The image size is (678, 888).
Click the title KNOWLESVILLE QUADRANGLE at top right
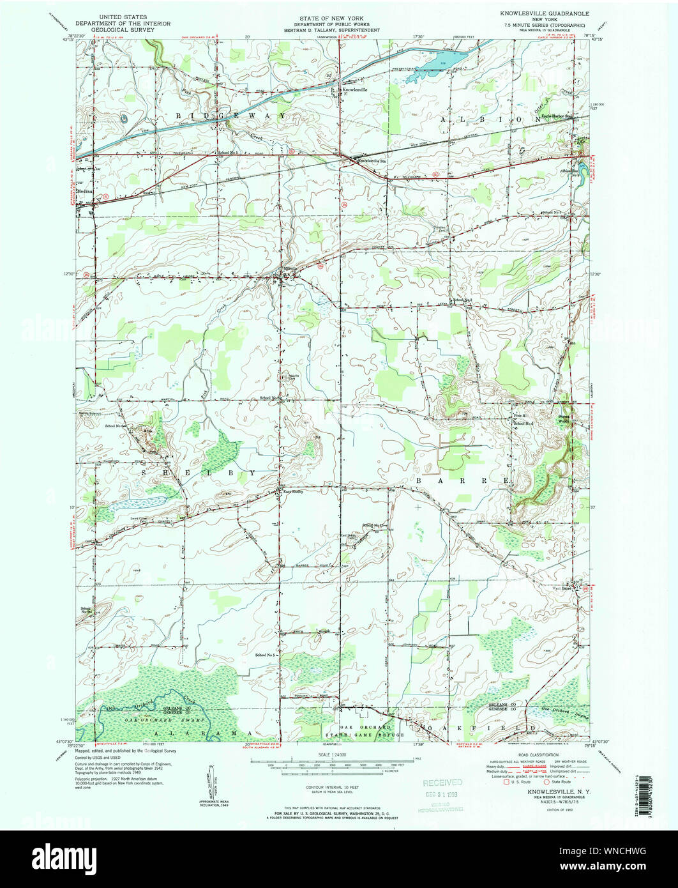(x=545, y=13)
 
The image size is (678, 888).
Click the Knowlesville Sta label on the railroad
(x=372, y=161)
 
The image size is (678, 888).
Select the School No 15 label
(x=374, y=524)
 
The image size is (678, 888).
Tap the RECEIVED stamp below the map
(x=442, y=783)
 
